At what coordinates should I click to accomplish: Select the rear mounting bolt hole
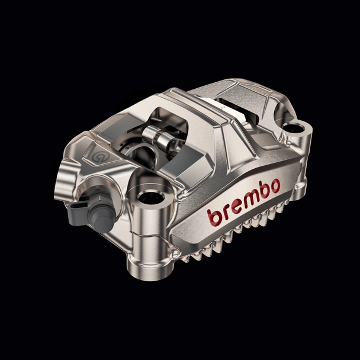coord(295,127)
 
